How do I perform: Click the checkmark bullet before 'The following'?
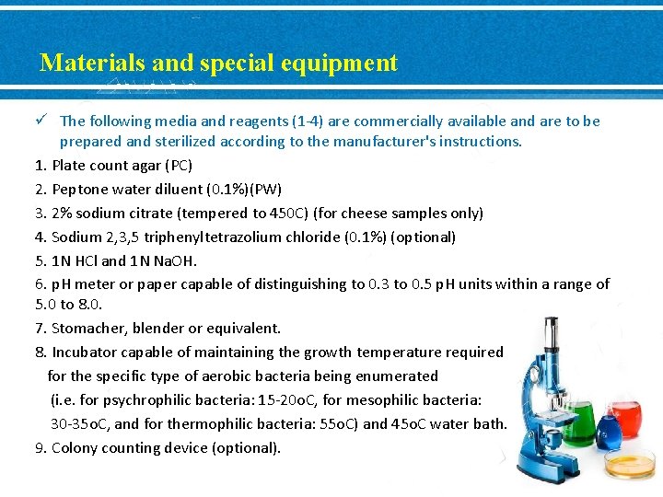(x=42, y=121)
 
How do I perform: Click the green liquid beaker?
(x=577, y=425)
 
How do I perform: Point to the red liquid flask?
(x=627, y=419)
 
